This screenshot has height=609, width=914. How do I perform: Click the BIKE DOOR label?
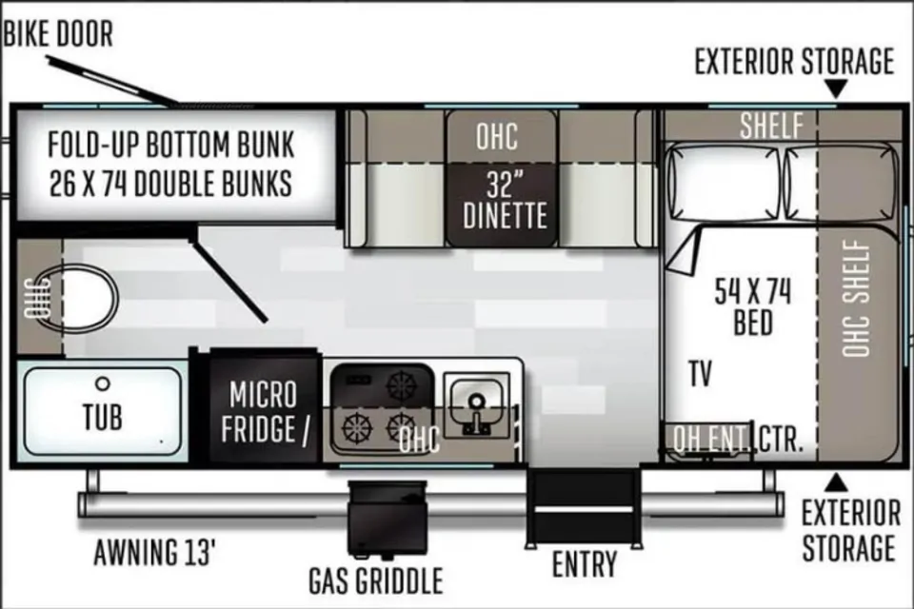[x=58, y=35]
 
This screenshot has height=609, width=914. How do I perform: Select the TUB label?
[x=102, y=417]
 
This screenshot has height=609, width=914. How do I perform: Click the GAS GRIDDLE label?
[x=376, y=579]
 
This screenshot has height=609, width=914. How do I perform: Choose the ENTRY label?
[x=585, y=563]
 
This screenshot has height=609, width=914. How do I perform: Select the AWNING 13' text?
[x=156, y=552]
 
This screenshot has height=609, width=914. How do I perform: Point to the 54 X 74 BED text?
[x=752, y=306]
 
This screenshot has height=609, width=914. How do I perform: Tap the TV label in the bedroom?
[x=701, y=374]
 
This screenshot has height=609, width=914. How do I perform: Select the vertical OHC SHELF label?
[x=857, y=298]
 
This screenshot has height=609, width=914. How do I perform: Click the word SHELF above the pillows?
[x=772, y=125]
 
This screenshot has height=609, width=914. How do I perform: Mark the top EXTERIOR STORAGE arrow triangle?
[x=837, y=88]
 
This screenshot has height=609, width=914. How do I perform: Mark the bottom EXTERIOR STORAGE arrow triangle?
[x=837, y=480]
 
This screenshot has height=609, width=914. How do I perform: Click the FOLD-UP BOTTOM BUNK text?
[x=171, y=147]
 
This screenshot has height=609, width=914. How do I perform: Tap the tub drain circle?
[x=103, y=383]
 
